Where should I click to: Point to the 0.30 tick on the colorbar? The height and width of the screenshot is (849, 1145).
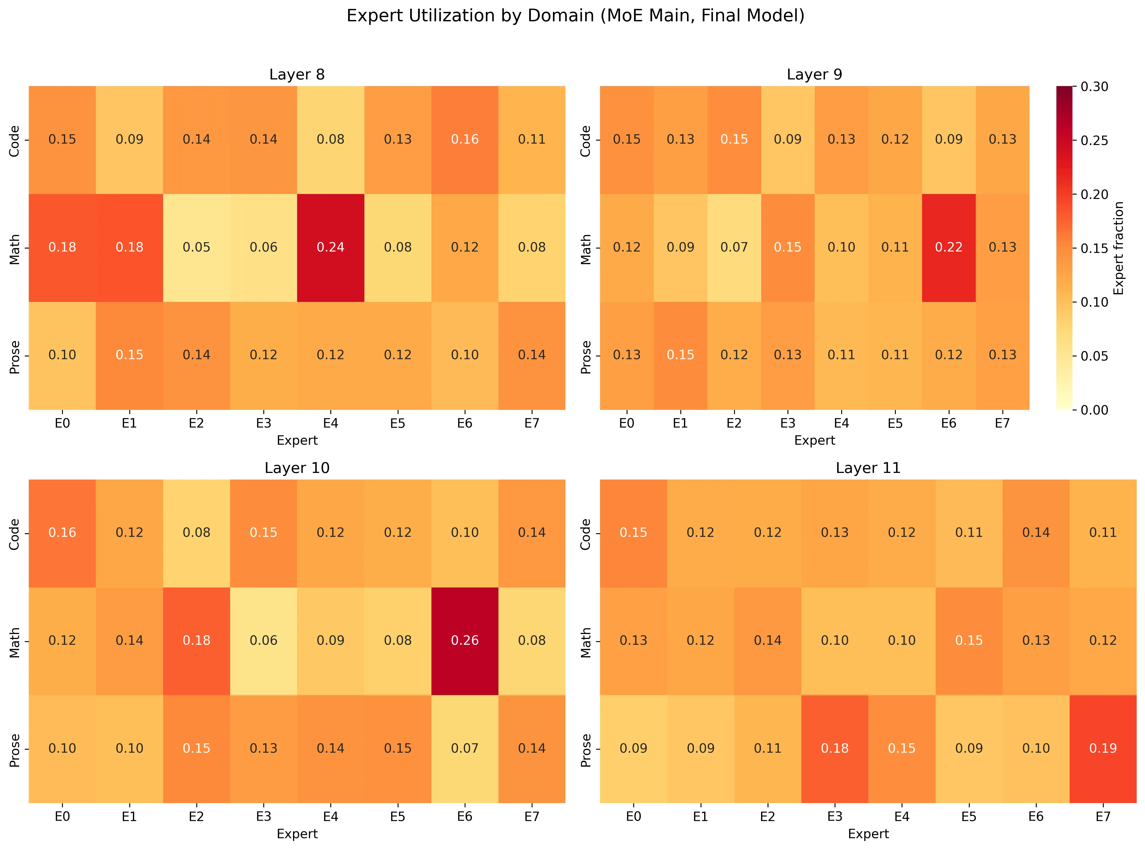(1094, 86)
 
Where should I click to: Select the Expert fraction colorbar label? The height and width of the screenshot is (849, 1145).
(1119, 248)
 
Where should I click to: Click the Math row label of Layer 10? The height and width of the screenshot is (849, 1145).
(14, 642)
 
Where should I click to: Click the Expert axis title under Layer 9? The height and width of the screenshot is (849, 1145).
(814, 441)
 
